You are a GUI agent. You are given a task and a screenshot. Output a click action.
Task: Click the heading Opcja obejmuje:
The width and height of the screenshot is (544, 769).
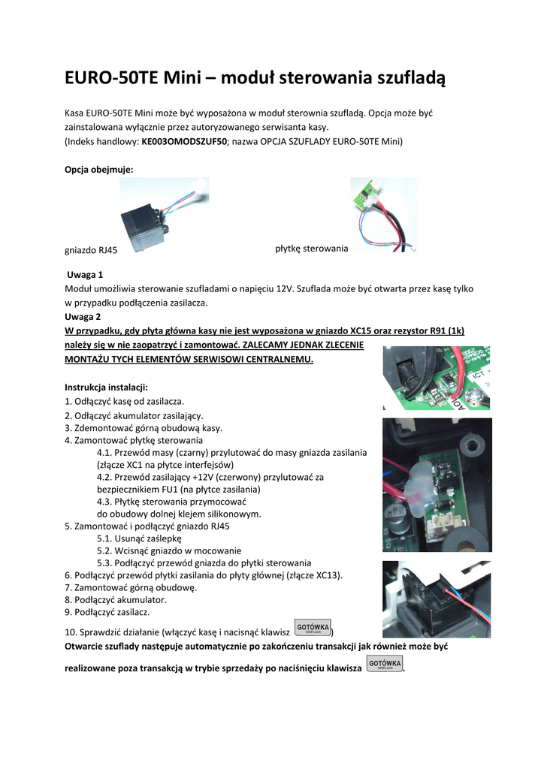(98, 170)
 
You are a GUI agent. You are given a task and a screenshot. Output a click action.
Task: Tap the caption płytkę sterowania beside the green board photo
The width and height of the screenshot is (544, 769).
(311, 248)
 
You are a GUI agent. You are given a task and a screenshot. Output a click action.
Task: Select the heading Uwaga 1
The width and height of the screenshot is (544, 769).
(84, 275)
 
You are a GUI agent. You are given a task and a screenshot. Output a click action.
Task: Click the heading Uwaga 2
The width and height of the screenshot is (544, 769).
(83, 316)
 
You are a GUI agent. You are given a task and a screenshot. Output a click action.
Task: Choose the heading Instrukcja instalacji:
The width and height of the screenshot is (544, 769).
(106, 387)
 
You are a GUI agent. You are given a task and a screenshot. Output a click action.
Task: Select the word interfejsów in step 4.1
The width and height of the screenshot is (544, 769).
(198, 465)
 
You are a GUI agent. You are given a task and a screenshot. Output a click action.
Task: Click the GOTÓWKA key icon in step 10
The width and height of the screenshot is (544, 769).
(313, 628)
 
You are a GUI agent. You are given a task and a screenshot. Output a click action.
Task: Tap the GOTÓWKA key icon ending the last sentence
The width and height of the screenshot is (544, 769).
(385, 664)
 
